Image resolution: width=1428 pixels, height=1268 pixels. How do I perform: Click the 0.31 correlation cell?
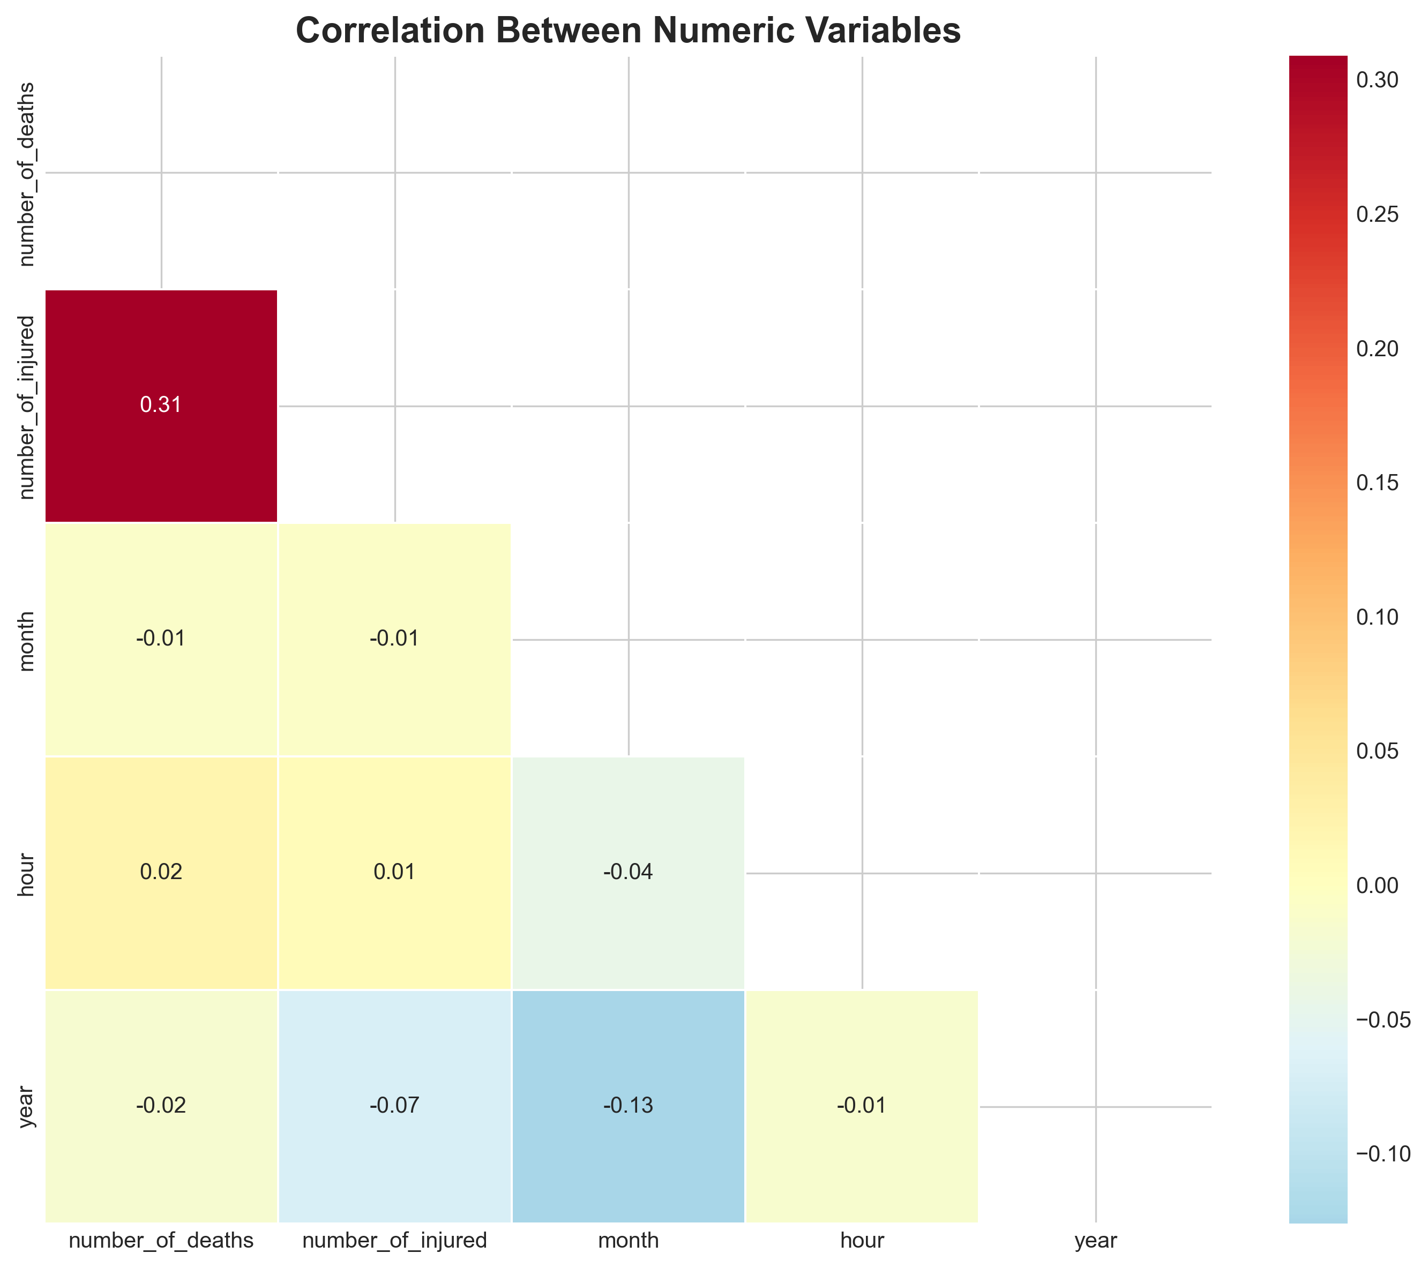point(161,405)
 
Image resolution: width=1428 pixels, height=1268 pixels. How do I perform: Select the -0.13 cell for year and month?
point(628,1105)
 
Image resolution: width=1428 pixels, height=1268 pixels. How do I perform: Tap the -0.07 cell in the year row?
point(395,1105)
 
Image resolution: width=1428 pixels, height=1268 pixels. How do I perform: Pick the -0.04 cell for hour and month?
point(628,872)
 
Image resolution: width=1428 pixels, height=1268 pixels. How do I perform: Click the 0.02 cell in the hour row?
point(161,872)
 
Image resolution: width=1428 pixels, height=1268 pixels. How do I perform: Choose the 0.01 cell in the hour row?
point(395,872)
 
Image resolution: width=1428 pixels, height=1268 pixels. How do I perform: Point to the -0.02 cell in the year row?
point(161,1105)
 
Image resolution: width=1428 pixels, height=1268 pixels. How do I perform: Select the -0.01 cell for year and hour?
point(862,1105)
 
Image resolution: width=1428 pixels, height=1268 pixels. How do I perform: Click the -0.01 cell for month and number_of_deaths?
point(161,639)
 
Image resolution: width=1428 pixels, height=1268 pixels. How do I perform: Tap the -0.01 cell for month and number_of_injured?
point(395,639)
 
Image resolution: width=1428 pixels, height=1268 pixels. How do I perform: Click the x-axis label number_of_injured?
point(395,1240)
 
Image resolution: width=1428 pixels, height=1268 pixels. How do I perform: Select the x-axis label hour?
point(862,1240)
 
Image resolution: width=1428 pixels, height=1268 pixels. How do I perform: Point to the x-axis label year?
point(1095,1240)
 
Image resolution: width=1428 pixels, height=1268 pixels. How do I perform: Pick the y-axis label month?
point(27,641)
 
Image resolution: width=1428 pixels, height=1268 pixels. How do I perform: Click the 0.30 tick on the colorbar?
point(1377,80)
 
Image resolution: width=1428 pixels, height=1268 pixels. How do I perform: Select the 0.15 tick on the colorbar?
point(1377,483)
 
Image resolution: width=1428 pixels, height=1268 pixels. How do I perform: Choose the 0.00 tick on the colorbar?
point(1377,885)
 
